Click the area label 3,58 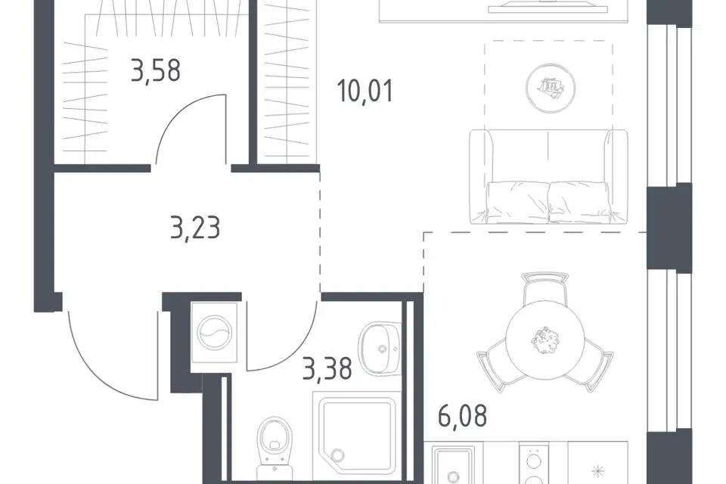coord(156,71)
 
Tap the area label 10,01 coord(365,90)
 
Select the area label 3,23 coord(195,228)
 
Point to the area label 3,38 coord(327,368)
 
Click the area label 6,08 coord(462,415)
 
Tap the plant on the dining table coord(545,341)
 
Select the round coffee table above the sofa coord(551,88)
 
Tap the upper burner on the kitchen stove coord(535,462)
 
